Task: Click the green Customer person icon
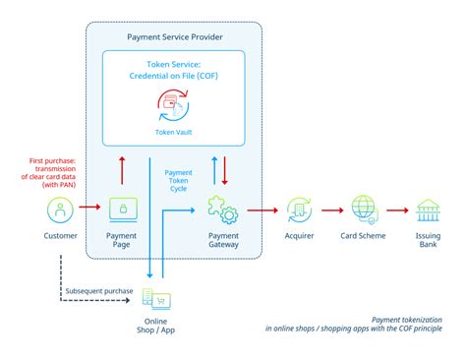click(x=60, y=209)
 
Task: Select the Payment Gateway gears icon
click(x=219, y=209)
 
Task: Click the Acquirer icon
click(x=299, y=209)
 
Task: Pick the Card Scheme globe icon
click(x=364, y=209)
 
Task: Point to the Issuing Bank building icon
click(x=430, y=209)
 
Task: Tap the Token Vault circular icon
click(x=174, y=103)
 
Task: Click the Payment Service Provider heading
click(x=174, y=36)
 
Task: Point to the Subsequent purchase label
click(x=98, y=290)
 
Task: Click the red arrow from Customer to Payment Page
click(x=89, y=209)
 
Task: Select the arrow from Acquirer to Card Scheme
click(x=331, y=209)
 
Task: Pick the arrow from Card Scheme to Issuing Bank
click(x=397, y=209)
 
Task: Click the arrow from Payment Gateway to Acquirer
click(x=260, y=209)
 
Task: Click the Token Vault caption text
click(x=174, y=130)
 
